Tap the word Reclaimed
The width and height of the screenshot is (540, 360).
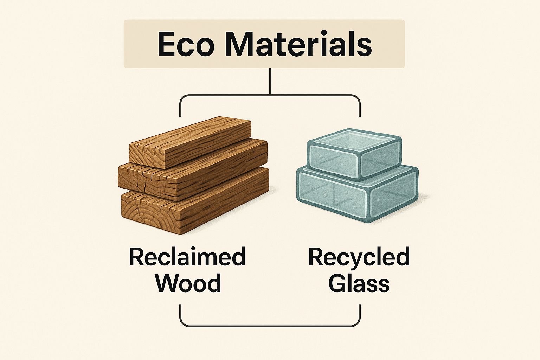point(187,257)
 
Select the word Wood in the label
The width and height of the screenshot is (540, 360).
point(188,283)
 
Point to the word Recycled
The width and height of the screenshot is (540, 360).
point(359,257)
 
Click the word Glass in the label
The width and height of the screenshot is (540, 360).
point(359,283)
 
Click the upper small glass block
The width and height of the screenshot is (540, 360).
point(355,155)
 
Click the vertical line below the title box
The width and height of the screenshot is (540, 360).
point(270,81)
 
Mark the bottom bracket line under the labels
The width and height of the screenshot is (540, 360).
point(270,326)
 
